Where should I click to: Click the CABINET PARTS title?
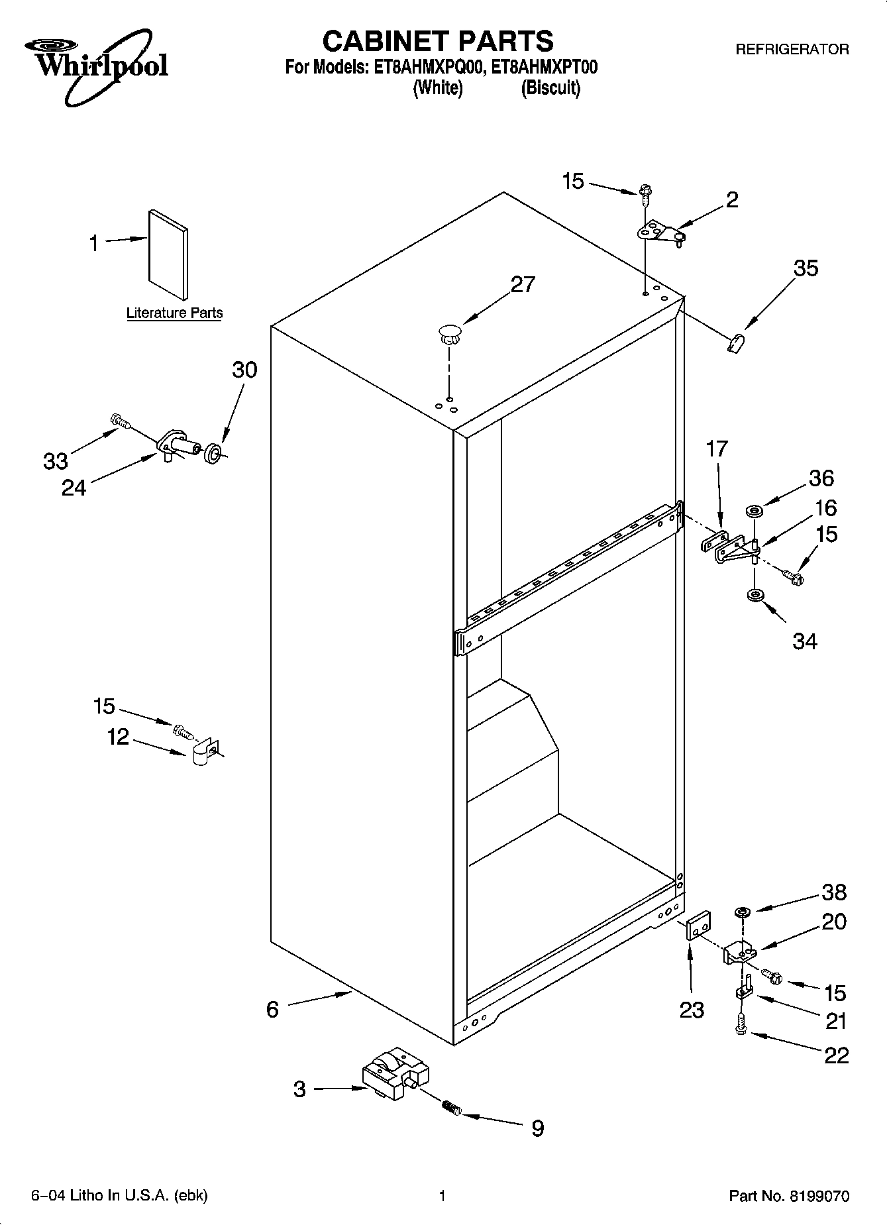pos(437,41)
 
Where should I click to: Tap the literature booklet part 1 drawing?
pos(168,256)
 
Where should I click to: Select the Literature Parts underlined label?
pos(174,313)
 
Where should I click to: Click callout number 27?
pos(522,285)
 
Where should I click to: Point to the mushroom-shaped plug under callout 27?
pos(449,333)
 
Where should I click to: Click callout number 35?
pos(806,268)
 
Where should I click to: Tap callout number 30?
pos(244,370)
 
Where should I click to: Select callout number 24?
pos(74,488)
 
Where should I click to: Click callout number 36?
pos(821,478)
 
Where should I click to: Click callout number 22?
pos(836,1055)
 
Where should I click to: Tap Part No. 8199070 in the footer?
pos(788,1196)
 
